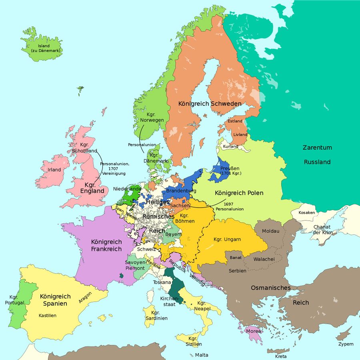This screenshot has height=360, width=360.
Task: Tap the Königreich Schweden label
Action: pyautogui.click(x=210, y=104)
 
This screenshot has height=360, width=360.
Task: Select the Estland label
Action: pyautogui.click(x=235, y=121)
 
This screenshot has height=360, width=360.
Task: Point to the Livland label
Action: pyautogui.click(x=240, y=134)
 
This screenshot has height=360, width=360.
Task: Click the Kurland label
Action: pyautogui.click(x=231, y=146)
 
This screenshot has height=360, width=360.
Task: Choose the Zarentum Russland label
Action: pyautogui.click(x=317, y=155)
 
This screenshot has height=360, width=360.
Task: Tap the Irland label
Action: pyautogui.click(x=54, y=170)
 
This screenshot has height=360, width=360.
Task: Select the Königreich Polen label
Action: pyautogui.click(x=239, y=193)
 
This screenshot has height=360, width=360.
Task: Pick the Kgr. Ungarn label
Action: pyautogui.click(x=227, y=239)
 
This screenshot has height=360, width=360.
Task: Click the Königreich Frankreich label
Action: pyautogui.click(x=106, y=245)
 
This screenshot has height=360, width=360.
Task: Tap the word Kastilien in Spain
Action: pyautogui.click(x=48, y=316)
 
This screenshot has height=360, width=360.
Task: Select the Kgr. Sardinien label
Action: pyautogui.click(x=156, y=315)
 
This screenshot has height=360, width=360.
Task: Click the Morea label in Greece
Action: pyautogui.click(x=254, y=331)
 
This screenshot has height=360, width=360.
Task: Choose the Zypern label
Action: pyautogui.click(x=346, y=344)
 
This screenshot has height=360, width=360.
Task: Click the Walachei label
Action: pyautogui.click(x=264, y=259)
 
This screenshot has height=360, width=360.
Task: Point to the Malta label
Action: pyautogui.click(x=202, y=355)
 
